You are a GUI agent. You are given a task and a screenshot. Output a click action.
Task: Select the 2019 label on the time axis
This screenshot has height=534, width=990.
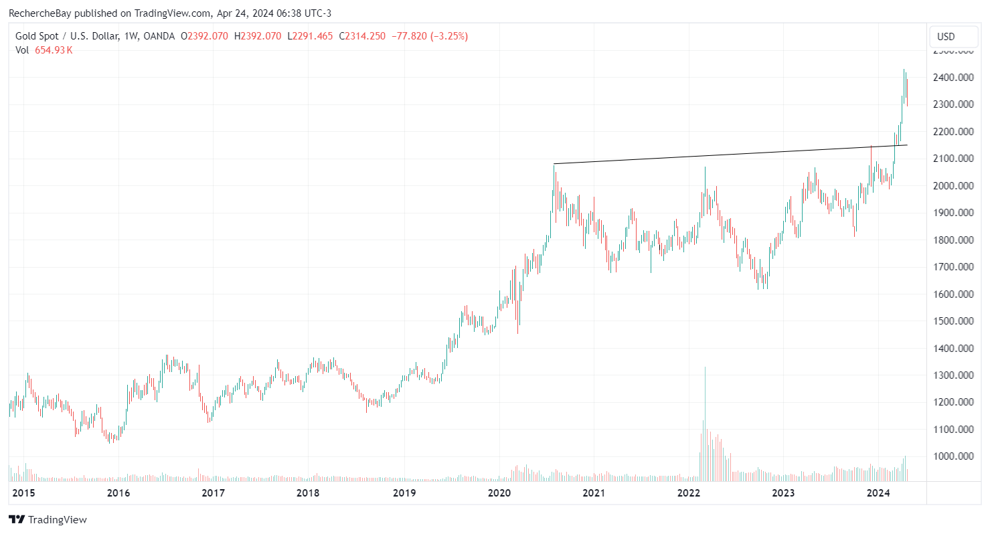point(404,493)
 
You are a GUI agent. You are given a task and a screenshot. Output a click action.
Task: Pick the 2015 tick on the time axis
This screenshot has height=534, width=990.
point(23,493)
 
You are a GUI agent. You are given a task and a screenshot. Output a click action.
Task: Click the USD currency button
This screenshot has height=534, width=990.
point(946,36)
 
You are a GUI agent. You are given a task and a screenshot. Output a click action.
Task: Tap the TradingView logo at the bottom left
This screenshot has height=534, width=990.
point(48,519)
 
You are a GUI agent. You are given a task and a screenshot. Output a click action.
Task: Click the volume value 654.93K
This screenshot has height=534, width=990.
point(54,50)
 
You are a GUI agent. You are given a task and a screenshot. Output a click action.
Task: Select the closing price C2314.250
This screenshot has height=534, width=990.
point(362,36)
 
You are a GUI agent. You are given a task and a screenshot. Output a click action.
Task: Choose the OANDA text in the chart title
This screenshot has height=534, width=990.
point(160,36)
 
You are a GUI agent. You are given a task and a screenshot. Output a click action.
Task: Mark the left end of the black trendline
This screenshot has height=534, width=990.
point(554,164)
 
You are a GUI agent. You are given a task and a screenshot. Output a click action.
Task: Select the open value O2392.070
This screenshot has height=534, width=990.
point(205,36)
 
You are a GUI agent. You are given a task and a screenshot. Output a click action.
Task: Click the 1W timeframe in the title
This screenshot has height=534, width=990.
point(131,36)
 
